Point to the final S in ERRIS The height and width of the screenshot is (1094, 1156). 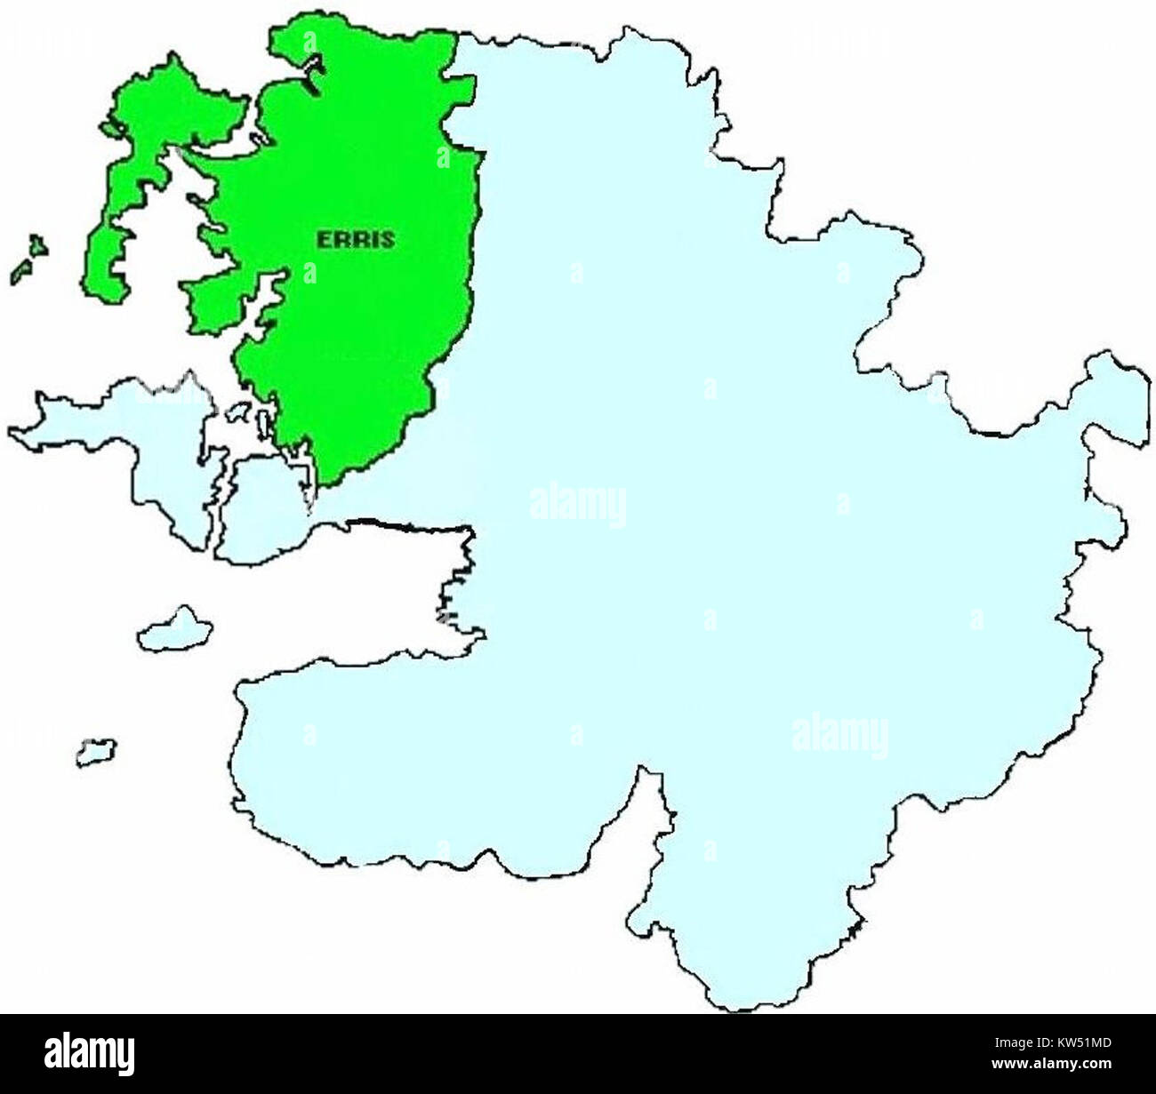pyautogui.click(x=388, y=239)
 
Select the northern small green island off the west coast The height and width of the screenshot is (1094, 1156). pyautogui.click(x=36, y=244)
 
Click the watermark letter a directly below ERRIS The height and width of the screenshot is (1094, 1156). pyautogui.click(x=309, y=271)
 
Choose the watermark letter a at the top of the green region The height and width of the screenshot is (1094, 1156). pyautogui.click(x=309, y=41)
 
